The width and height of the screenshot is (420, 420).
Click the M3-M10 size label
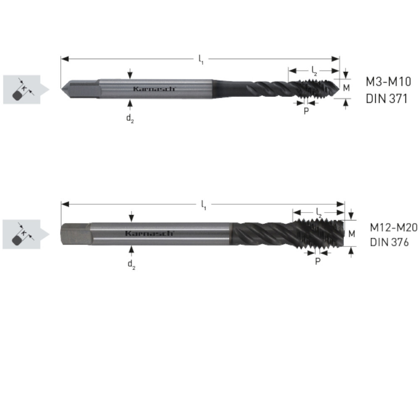coord(388,81)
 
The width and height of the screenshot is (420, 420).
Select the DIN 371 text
coord(386,99)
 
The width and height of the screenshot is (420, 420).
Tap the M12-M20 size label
coord(394,227)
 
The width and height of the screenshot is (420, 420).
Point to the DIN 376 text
coord(389,242)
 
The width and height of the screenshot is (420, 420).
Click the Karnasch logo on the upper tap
coord(154,89)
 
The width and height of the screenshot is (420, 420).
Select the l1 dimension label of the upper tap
coord(201,60)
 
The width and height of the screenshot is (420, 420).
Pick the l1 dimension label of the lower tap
coord(204,205)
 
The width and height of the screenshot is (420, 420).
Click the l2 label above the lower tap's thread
coord(319,213)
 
